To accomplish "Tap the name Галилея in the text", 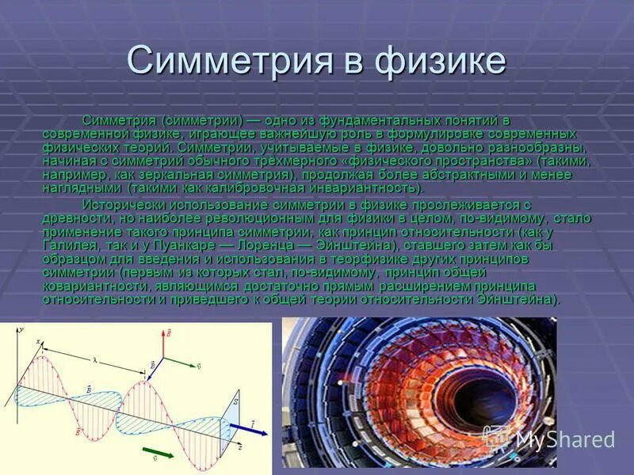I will [x=69, y=246].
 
